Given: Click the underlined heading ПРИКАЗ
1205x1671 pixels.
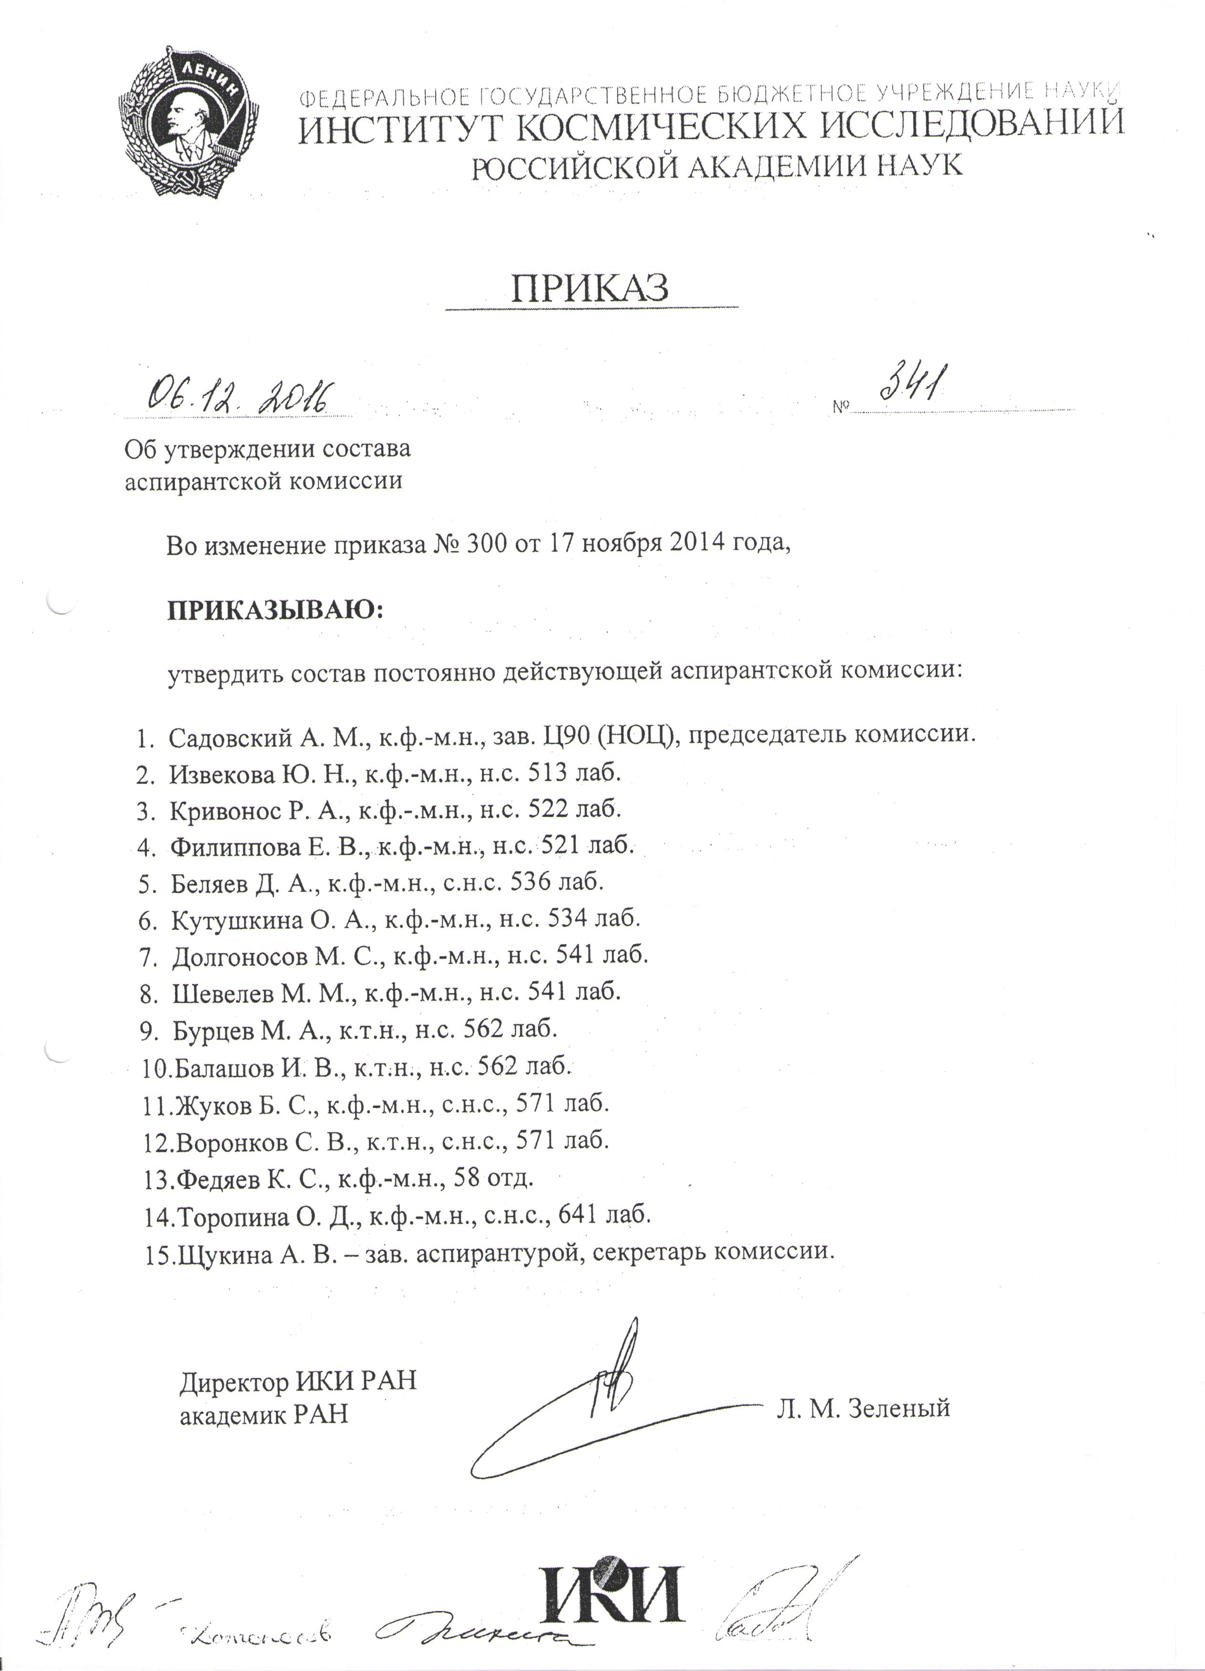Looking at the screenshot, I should pos(590,289).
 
